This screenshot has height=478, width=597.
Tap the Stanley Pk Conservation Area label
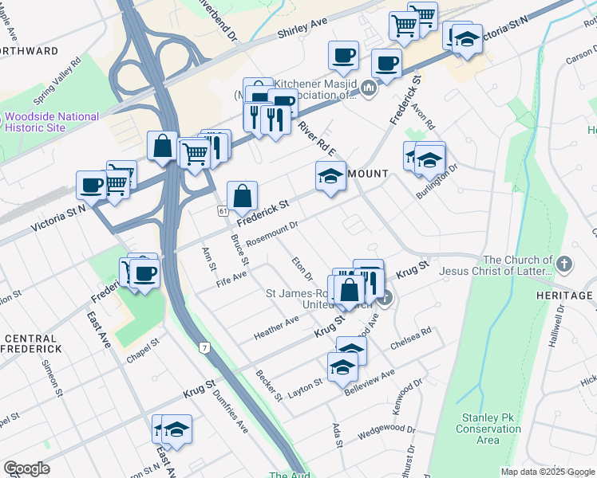[488, 429]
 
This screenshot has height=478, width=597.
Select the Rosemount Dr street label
[271, 233]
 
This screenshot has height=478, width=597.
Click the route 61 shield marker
[222, 210]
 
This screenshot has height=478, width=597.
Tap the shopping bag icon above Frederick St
[242, 196]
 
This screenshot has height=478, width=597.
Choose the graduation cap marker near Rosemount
[330, 176]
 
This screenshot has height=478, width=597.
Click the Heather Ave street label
[275, 325]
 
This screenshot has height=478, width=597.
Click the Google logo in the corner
[27, 468]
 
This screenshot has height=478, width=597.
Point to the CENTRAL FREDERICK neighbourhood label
[31, 343]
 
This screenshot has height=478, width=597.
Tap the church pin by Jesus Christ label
[564, 264]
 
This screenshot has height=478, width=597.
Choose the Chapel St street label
[144, 351]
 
